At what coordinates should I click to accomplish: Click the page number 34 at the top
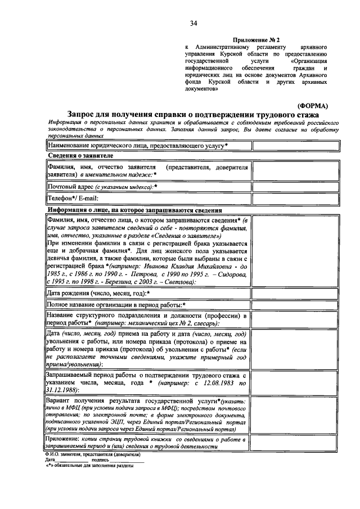(193, 23)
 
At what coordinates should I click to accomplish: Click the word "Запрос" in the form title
(85, 115)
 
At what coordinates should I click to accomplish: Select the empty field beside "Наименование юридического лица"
(296, 146)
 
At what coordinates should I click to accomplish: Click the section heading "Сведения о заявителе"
(80, 155)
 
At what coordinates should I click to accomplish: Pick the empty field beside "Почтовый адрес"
(296, 186)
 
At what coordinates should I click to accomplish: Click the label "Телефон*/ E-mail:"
(73, 198)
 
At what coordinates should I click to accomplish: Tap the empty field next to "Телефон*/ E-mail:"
(296, 198)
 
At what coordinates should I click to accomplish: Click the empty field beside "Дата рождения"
(296, 293)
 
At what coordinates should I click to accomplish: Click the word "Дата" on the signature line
(51, 460)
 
